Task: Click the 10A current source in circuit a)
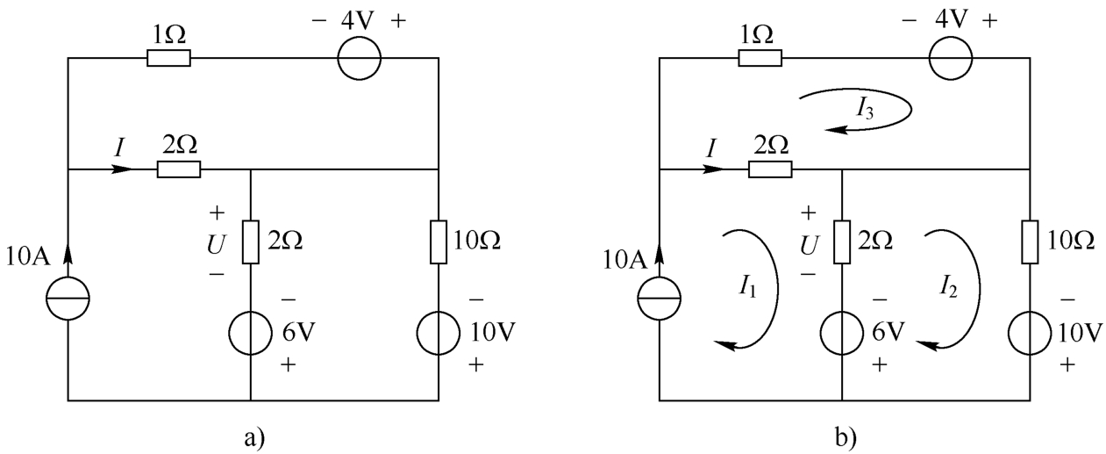pyautogui.click(x=68, y=299)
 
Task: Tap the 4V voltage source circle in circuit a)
pyautogui.click(x=360, y=58)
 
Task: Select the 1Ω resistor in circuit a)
pyautogui.click(x=169, y=58)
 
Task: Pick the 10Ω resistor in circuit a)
pyautogui.click(x=439, y=241)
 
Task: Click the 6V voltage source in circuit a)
pyautogui.click(x=250, y=333)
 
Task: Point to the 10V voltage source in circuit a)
pyautogui.click(x=439, y=333)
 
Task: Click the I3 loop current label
pyautogui.click(x=865, y=109)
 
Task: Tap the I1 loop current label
pyautogui.click(x=747, y=286)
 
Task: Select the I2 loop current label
pyautogui.click(x=948, y=286)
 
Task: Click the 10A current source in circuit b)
pyautogui.click(x=660, y=299)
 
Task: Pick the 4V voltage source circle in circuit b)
pyautogui.click(x=951, y=58)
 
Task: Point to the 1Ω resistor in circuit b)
pyautogui.click(x=760, y=58)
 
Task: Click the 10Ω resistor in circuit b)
pyautogui.click(x=1030, y=241)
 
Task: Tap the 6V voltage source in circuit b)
pyautogui.click(x=842, y=333)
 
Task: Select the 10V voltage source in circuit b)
pyautogui.click(x=1030, y=333)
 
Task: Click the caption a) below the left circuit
pyautogui.click(x=254, y=438)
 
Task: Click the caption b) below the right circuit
pyautogui.click(x=846, y=438)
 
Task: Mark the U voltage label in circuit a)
pyautogui.click(x=217, y=244)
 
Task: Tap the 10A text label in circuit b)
pyautogui.click(x=624, y=259)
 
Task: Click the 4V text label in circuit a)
pyautogui.click(x=358, y=21)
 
